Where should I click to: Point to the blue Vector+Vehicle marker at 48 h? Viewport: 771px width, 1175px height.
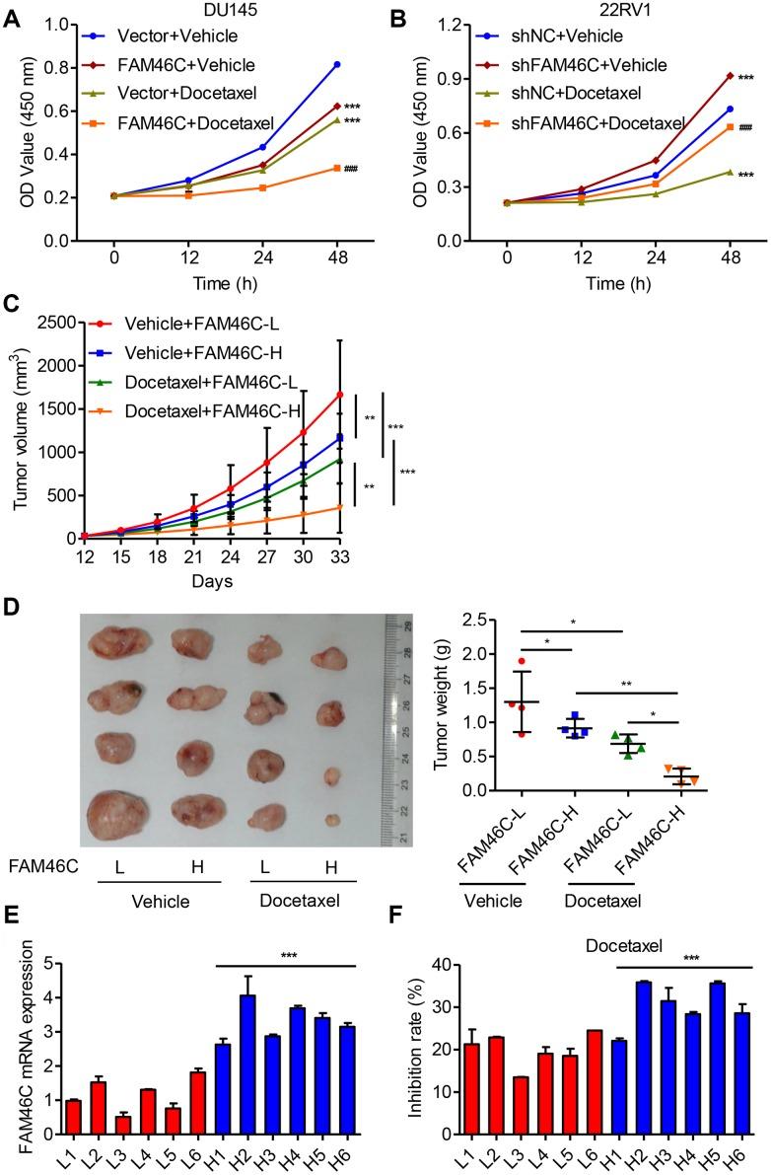coord(337,64)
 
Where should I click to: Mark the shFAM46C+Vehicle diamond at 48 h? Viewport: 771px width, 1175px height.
coord(730,75)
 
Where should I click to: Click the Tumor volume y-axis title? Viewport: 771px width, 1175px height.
coord(21,429)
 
